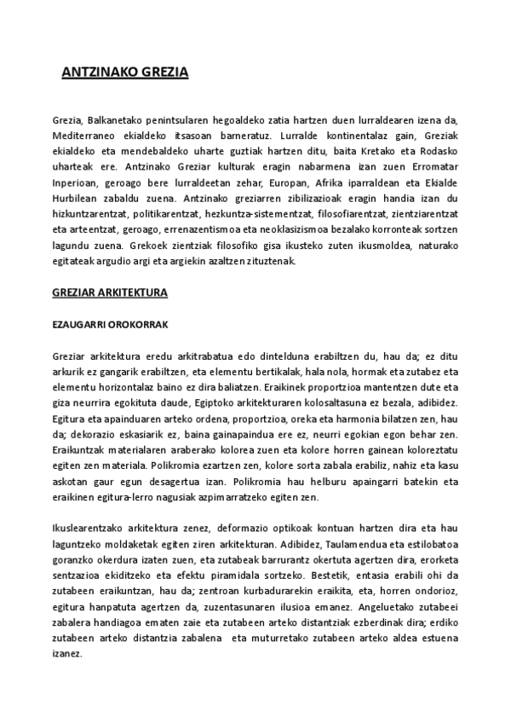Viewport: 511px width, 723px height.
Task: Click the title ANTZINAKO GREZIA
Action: pos(125,73)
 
